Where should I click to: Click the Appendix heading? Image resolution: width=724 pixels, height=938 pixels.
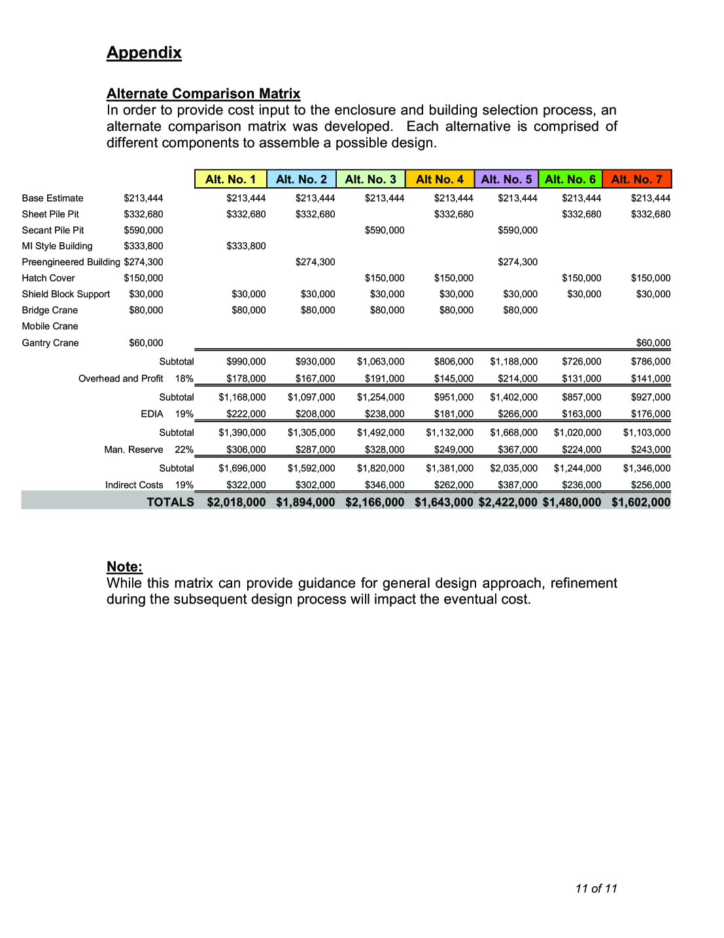[144, 53]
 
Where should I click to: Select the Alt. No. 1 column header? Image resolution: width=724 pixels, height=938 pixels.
[230, 179]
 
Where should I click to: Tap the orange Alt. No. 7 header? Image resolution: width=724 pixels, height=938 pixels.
[636, 179]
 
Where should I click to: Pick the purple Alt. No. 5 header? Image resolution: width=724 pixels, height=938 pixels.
[506, 179]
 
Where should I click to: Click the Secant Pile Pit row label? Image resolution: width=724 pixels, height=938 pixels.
[53, 230]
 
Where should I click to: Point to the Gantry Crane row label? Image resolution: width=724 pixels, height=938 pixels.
[50, 343]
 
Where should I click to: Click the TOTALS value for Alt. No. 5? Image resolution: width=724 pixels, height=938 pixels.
[508, 502]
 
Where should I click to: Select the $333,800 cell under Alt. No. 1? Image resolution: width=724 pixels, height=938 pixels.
[246, 246]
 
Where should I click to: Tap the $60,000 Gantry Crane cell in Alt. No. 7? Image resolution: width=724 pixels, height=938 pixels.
[653, 343]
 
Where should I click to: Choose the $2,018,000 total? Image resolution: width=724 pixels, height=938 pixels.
[236, 502]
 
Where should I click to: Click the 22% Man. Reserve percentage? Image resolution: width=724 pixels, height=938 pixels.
[184, 450]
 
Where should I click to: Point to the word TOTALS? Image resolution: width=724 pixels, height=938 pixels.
[170, 502]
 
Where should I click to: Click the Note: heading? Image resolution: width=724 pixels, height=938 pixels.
[124, 567]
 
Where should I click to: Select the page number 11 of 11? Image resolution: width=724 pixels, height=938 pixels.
[596, 888]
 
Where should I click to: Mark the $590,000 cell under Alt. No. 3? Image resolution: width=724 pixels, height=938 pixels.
[385, 230]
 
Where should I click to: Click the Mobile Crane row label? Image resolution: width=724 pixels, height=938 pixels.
[50, 326]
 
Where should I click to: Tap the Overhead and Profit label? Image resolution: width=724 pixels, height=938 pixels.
[121, 378]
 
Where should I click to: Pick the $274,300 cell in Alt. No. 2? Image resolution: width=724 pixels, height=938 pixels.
[315, 262]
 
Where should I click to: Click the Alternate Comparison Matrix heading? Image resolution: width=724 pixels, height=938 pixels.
[203, 94]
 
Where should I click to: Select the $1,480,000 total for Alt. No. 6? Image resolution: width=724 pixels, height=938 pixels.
[572, 502]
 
